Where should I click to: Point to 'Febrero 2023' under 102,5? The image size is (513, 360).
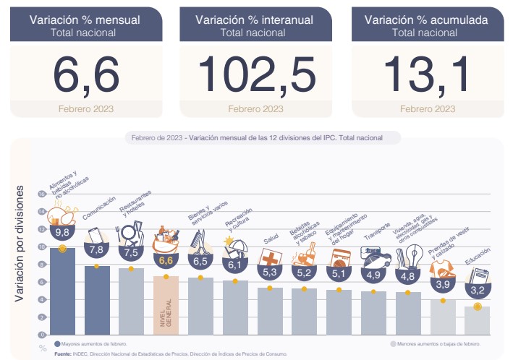[255, 109]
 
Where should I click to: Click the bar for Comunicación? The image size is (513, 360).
[97, 300]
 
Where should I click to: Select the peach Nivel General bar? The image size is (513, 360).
[166, 304]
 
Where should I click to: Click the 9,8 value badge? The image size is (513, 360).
[62, 233]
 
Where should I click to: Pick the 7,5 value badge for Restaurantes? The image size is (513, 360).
[132, 253]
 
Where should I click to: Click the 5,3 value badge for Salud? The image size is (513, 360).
[271, 273]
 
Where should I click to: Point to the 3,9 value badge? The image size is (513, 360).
[443, 284]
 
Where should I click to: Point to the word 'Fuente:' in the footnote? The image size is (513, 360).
[62, 353]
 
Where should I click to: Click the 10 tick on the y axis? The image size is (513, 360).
[42, 247]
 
